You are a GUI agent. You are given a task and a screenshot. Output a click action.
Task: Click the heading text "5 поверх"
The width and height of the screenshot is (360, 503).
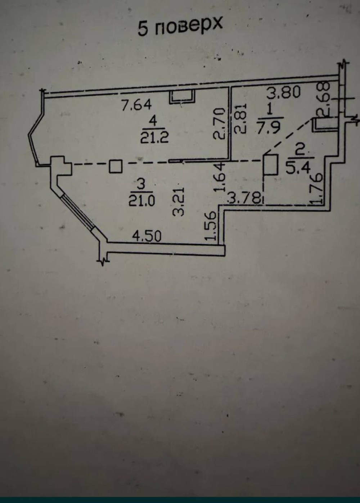pyautogui.click(x=180, y=27)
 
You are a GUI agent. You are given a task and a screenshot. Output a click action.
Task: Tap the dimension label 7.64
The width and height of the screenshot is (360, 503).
pyautogui.click(x=136, y=105)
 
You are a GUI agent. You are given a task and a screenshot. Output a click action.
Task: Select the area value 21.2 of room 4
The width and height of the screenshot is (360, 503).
pyautogui.click(x=154, y=138)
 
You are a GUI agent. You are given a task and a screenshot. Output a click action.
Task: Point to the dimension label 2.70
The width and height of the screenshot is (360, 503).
pyautogui.click(x=219, y=124)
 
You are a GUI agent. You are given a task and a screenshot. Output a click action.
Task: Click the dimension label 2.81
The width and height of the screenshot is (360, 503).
pyautogui.click(x=241, y=119)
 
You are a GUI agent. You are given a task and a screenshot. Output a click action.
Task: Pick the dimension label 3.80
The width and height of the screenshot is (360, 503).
pyautogui.click(x=284, y=93)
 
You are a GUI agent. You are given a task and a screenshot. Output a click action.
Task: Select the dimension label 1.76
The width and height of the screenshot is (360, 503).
pyautogui.click(x=318, y=189)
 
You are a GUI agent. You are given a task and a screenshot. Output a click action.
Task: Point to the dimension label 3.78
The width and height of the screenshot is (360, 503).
pyautogui.click(x=244, y=198)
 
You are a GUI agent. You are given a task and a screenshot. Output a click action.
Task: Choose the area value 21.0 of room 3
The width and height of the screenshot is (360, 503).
pyautogui.click(x=141, y=201)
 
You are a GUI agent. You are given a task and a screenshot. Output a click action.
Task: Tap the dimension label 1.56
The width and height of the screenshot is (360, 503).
pyautogui.click(x=211, y=227)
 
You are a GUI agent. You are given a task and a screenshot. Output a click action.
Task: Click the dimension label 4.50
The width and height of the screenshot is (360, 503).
pyautogui.click(x=147, y=236)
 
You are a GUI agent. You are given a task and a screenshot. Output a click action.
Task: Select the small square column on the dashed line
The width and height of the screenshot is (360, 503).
pyautogui.click(x=116, y=166)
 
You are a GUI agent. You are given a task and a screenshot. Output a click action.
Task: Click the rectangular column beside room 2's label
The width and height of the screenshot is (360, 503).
pyautogui.click(x=271, y=164)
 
